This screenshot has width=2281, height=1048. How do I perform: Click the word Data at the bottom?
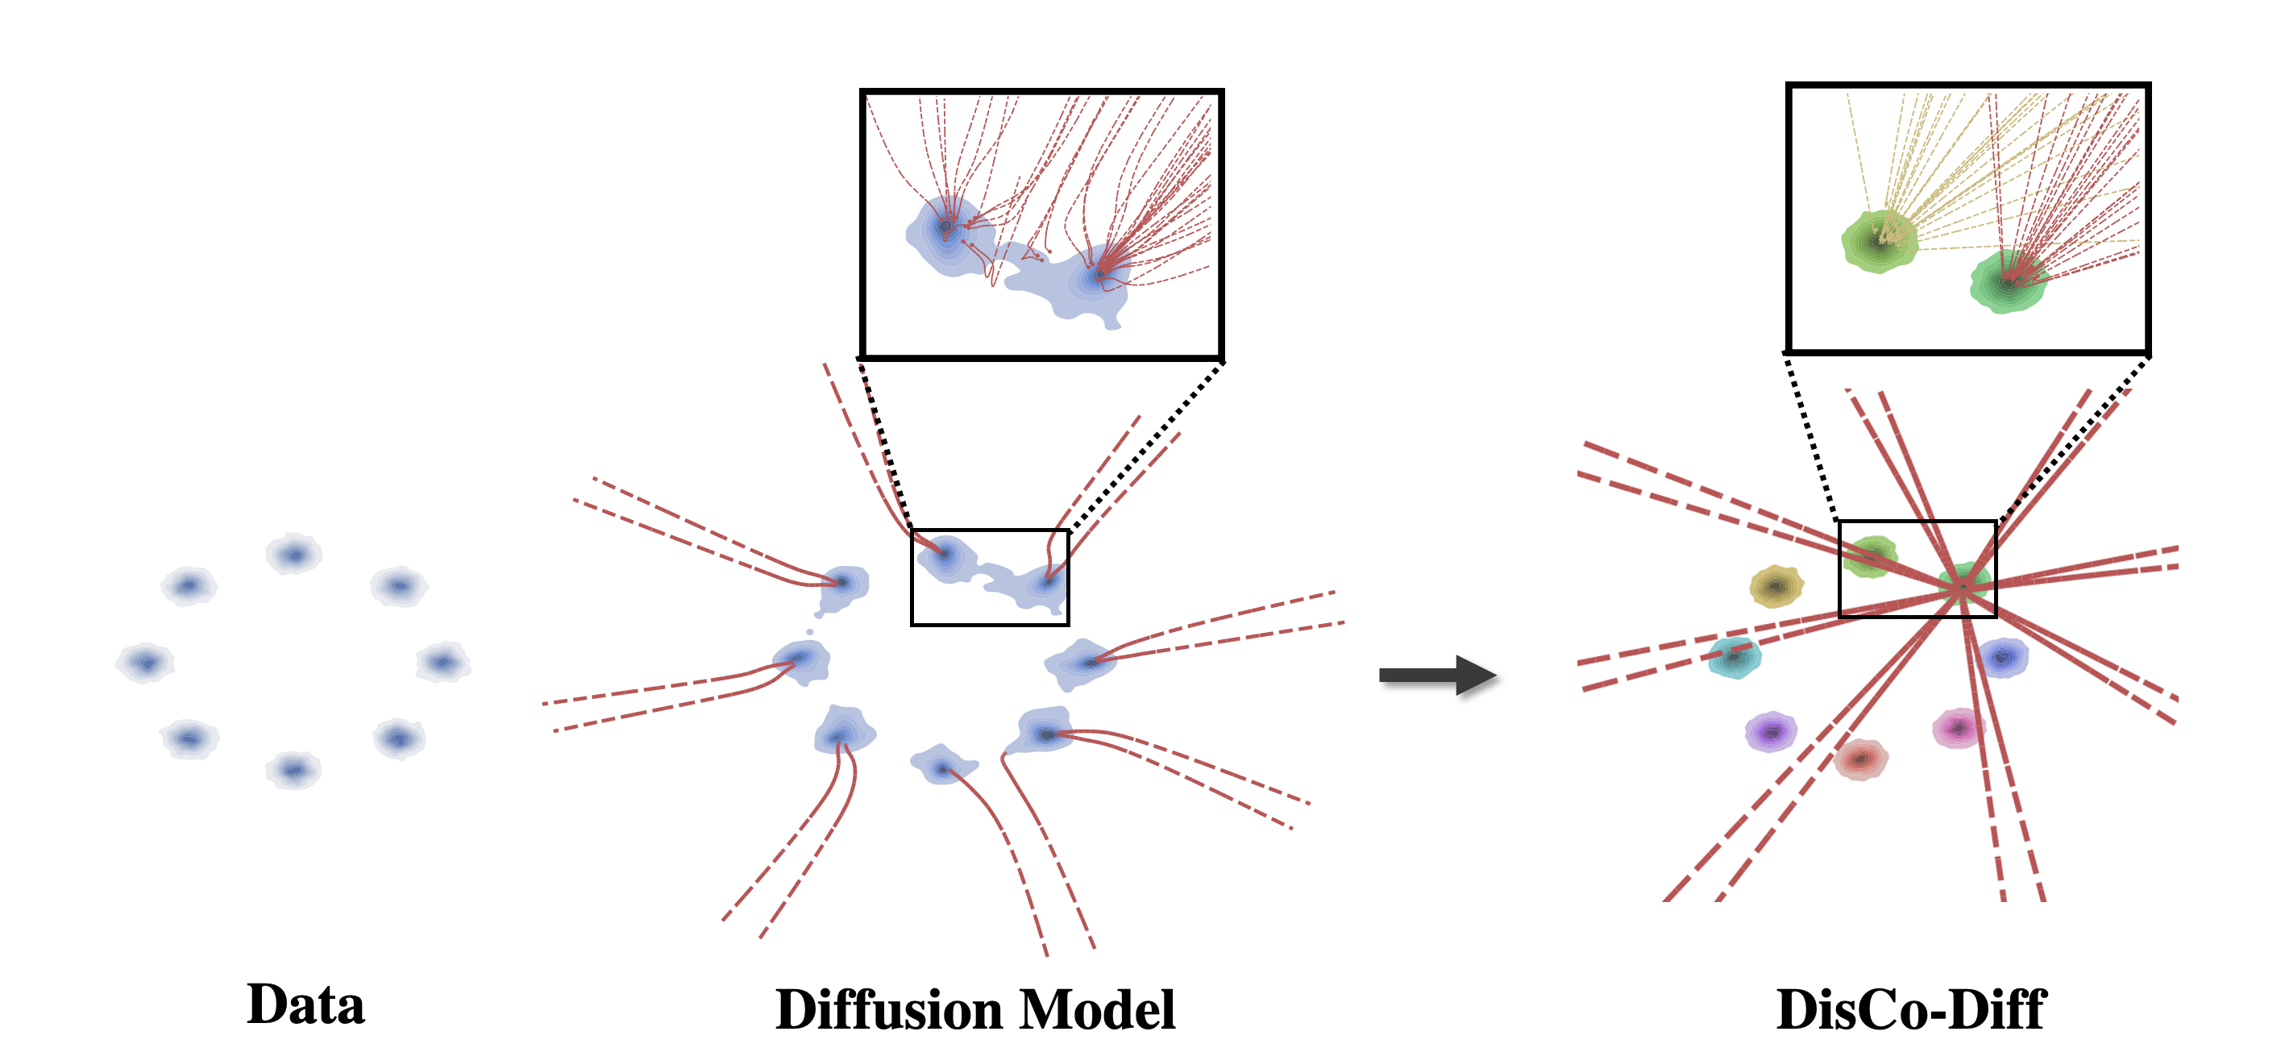[305, 1005]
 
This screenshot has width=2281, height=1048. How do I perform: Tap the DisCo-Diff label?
[1911, 1010]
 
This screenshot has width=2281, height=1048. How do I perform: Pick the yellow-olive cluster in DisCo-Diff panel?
[1776, 585]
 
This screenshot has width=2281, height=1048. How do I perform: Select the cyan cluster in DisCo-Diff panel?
[1734, 657]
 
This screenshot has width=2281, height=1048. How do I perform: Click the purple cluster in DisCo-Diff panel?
[1770, 732]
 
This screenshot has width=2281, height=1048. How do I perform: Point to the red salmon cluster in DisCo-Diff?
[1860, 759]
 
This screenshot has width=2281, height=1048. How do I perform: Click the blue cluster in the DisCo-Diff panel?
[2002, 657]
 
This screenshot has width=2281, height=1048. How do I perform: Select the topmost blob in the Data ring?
[294, 555]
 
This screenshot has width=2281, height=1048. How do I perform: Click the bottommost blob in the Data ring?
[293, 770]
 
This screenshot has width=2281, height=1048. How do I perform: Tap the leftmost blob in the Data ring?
[145, 662]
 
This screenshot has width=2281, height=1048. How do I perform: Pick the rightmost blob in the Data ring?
[442, 662]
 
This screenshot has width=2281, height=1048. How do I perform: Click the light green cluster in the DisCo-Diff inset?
[1879, 240]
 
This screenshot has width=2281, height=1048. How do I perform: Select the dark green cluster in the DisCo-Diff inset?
[2009, 281]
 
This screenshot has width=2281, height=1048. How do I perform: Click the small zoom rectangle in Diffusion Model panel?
[990, 531]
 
